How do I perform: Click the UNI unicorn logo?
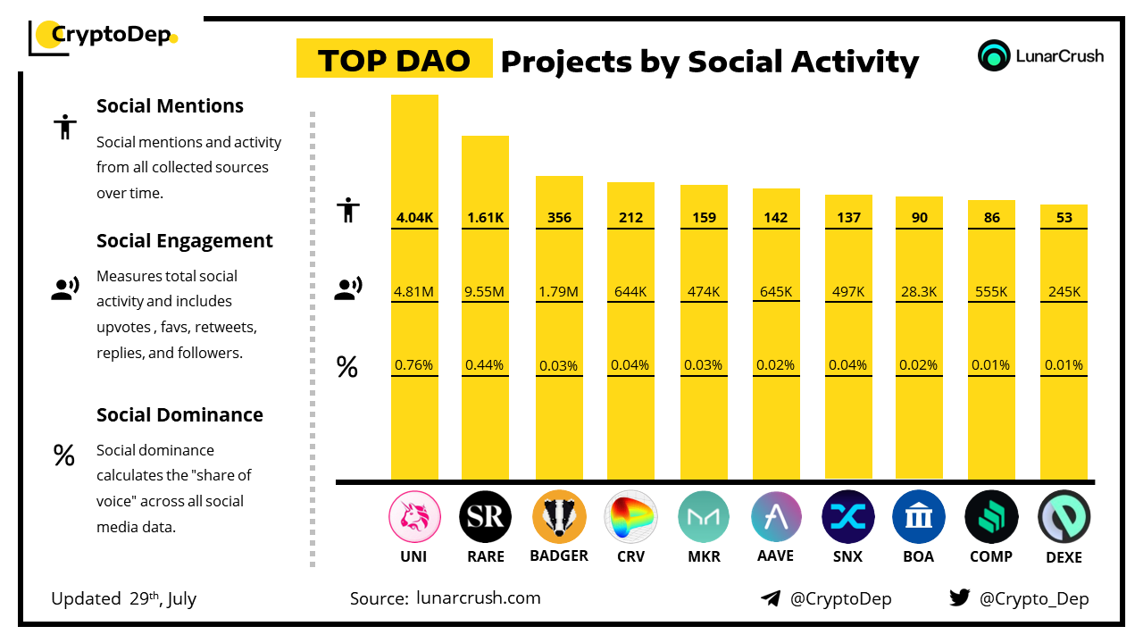pyautogui.click(x=414, y=517)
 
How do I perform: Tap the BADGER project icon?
pyautogui.click(x=559, y=517)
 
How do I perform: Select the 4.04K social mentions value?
pyautogui.click(x=414, y=218)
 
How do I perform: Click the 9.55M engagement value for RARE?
pyautogui.click(x=485, y=291)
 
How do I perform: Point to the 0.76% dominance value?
pyautogui.click(x=414, y=364)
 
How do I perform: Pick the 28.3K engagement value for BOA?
pyautogui.click(x=919, y=291)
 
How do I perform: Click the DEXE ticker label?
pyautogui.click(x=1064, y=557)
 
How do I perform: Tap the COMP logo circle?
pyautogui.click(x=991, y=517)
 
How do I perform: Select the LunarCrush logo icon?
pyautogui.click(x=994, y=55)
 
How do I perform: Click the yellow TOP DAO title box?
pyautogui.click(x=394, y=59)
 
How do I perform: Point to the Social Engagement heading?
pyautogui.click(x=185, y=241)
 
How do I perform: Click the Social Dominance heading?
pyautogui.click(x=179, y=415)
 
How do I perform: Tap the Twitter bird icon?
pyautogui.click(x=960, y=598)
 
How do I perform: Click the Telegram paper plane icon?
pyautogui.click(x=770, y=598)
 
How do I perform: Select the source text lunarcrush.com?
pyautogui.click(x=479, y=598)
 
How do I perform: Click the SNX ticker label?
pyautogui.click(x=847, y=556)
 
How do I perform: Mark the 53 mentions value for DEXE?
pyautogui.click(x=1064, y=218)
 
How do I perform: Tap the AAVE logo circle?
pyautogui.click(x=775, y=517)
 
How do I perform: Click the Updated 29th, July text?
pyautogui.click(x=123, y=598)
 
